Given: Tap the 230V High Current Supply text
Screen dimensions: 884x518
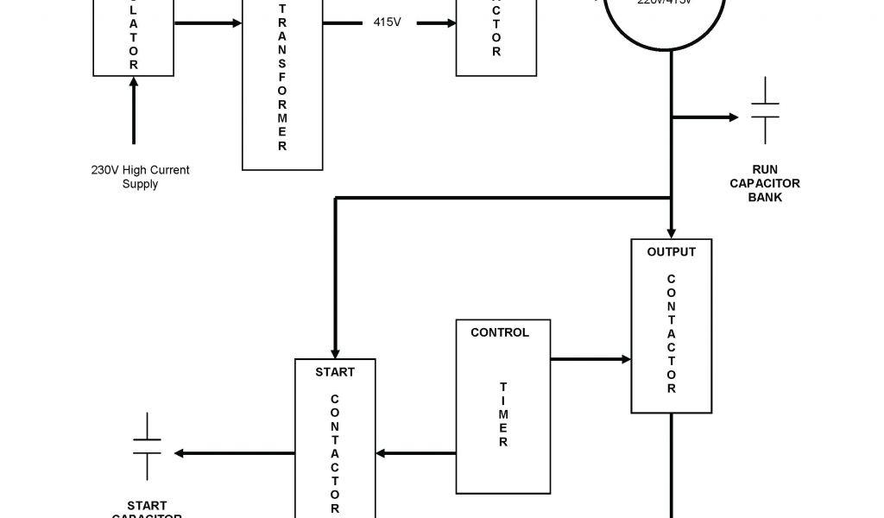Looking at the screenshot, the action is [x=140, y=177].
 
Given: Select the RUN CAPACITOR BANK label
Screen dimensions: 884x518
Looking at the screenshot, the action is [x=765, y=183].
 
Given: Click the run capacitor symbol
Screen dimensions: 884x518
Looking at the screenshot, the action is [x=765, y=111].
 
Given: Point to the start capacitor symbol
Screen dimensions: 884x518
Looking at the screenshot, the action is [x=147, y=446].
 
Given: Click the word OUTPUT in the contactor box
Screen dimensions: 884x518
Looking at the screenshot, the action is [x=671, y=252].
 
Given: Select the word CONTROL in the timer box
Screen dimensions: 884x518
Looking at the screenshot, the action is [x=500, y=332].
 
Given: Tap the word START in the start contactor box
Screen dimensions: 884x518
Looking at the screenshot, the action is [x=334, y=372].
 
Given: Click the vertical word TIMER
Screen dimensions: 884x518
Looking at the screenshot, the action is [x=502, y=415].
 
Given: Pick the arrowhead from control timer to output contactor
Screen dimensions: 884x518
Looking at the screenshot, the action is [x=626, y=358].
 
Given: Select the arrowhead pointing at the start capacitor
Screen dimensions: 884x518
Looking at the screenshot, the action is [x=179, y=453].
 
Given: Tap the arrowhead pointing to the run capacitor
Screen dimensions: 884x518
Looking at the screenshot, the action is [x=733, y=117].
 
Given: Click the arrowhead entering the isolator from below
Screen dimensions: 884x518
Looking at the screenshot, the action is [x=134, y=84].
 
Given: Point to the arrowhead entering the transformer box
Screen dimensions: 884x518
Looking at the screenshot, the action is [x=236, y=22].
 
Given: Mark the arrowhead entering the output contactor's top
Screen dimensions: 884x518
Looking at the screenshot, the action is [x=672, y=231].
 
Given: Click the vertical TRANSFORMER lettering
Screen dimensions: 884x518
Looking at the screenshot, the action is [x=282, y=78].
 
